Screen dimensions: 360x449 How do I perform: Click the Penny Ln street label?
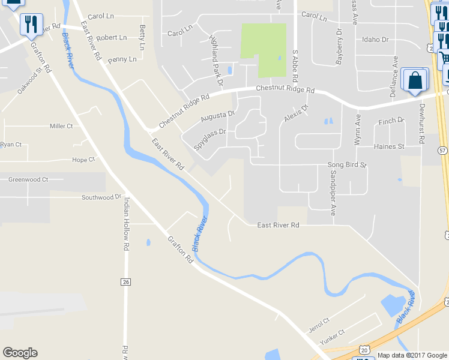coord(122,60)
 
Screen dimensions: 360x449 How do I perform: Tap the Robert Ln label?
coord(111,37)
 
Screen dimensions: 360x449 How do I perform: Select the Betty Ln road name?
coord(142,38)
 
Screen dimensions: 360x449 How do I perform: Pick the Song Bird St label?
coord(346,164)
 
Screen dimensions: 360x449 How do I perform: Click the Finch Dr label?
coord(391,122)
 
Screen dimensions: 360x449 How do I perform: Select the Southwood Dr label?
coord(101,197)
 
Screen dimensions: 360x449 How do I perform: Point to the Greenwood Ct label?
coord(28,179)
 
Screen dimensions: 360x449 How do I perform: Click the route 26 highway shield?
coord(125,281)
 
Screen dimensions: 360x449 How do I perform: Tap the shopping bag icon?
coord(415,80)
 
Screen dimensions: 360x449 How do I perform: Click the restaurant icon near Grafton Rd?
coord(30,25)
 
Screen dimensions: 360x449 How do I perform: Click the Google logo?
coord(20,353)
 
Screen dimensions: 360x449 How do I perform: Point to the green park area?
coord(264,50)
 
